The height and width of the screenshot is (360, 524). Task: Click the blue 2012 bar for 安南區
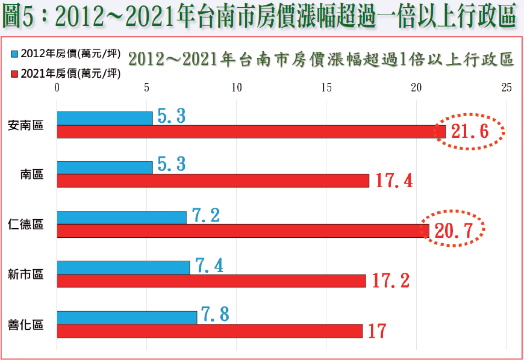(105, 119)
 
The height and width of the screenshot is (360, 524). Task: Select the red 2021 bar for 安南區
(251, 132)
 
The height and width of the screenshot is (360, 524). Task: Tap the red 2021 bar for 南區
(213, 181)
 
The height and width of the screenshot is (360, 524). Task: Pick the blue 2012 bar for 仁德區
(122, 217)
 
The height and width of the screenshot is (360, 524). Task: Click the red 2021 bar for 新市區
(211, 281)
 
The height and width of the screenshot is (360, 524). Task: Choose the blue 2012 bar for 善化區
(127, 317)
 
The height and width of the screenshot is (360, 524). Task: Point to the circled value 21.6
(470, 131)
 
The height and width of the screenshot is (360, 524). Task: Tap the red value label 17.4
(394, 180)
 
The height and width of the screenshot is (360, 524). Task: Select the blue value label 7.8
(214, 314)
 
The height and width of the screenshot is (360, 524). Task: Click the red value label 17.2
(391, 281)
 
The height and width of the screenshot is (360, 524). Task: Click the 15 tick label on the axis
(326, 88)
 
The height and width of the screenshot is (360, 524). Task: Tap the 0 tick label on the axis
(57, 88)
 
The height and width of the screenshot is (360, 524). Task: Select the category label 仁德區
(26, 225)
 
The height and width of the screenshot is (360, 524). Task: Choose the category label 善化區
(26, 324)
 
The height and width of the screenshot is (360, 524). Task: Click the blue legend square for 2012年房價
(14, 54)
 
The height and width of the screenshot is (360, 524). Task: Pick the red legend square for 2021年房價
(14, 74)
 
